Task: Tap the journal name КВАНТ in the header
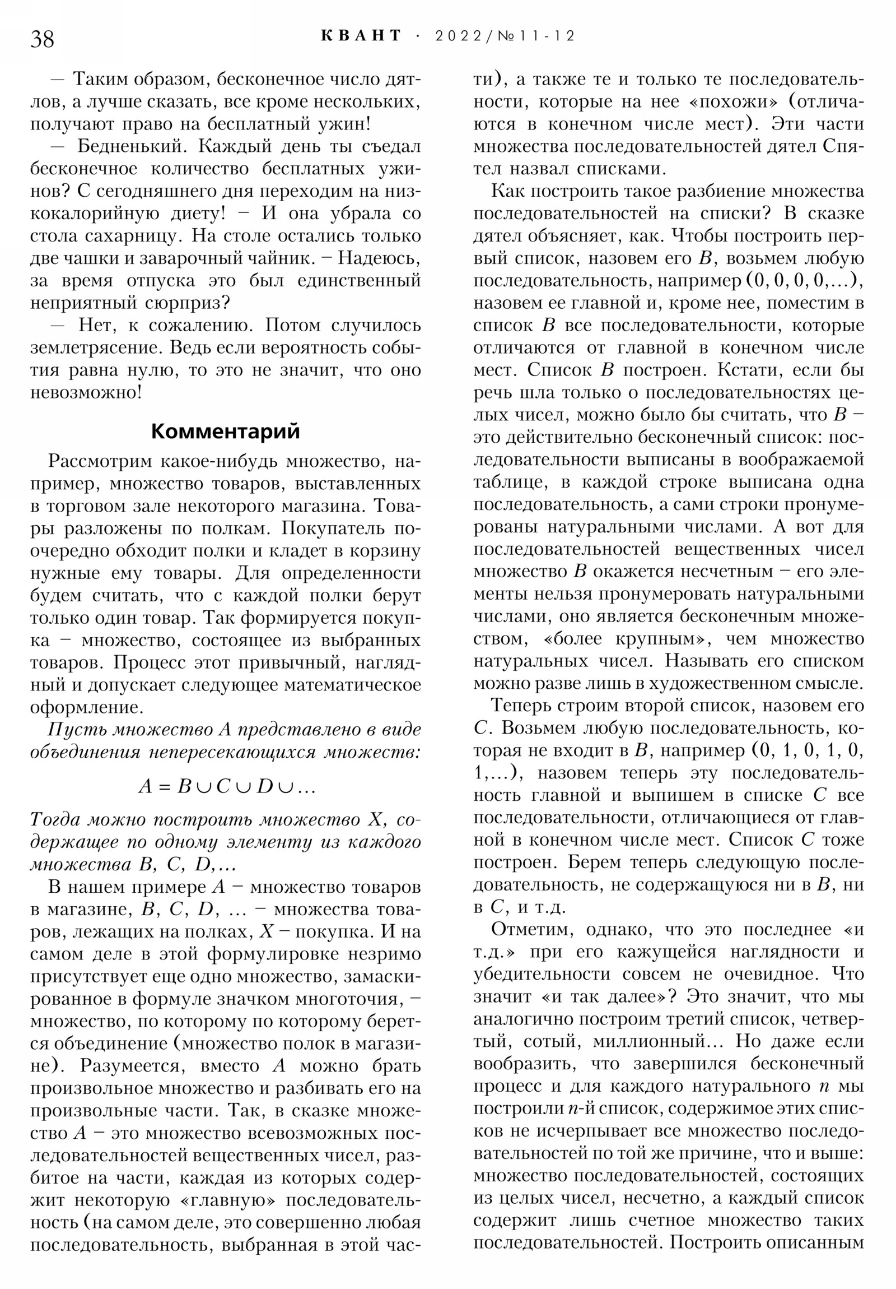(361, 36)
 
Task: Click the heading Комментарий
(226, 431)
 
